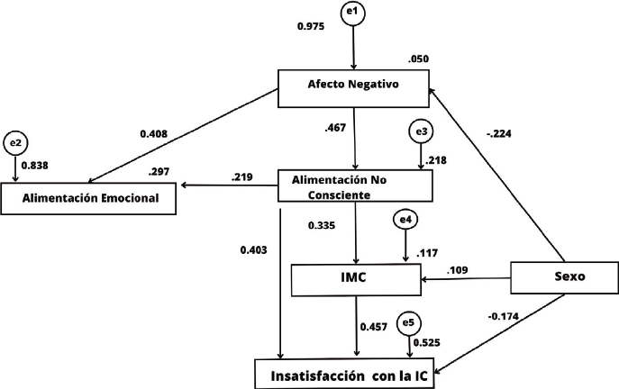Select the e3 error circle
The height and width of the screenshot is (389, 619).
click(x=421, y=132)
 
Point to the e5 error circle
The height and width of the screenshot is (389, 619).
click(x=410, y=321)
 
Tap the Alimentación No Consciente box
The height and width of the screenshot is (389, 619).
click(x=357, y=185)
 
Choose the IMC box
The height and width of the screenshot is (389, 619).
click(x=357, y=280)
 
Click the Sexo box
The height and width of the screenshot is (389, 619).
click(x=564, y=277)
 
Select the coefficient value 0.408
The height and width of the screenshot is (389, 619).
click(x=154, y=134)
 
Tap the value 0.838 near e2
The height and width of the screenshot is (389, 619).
click(x=35, y=167)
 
